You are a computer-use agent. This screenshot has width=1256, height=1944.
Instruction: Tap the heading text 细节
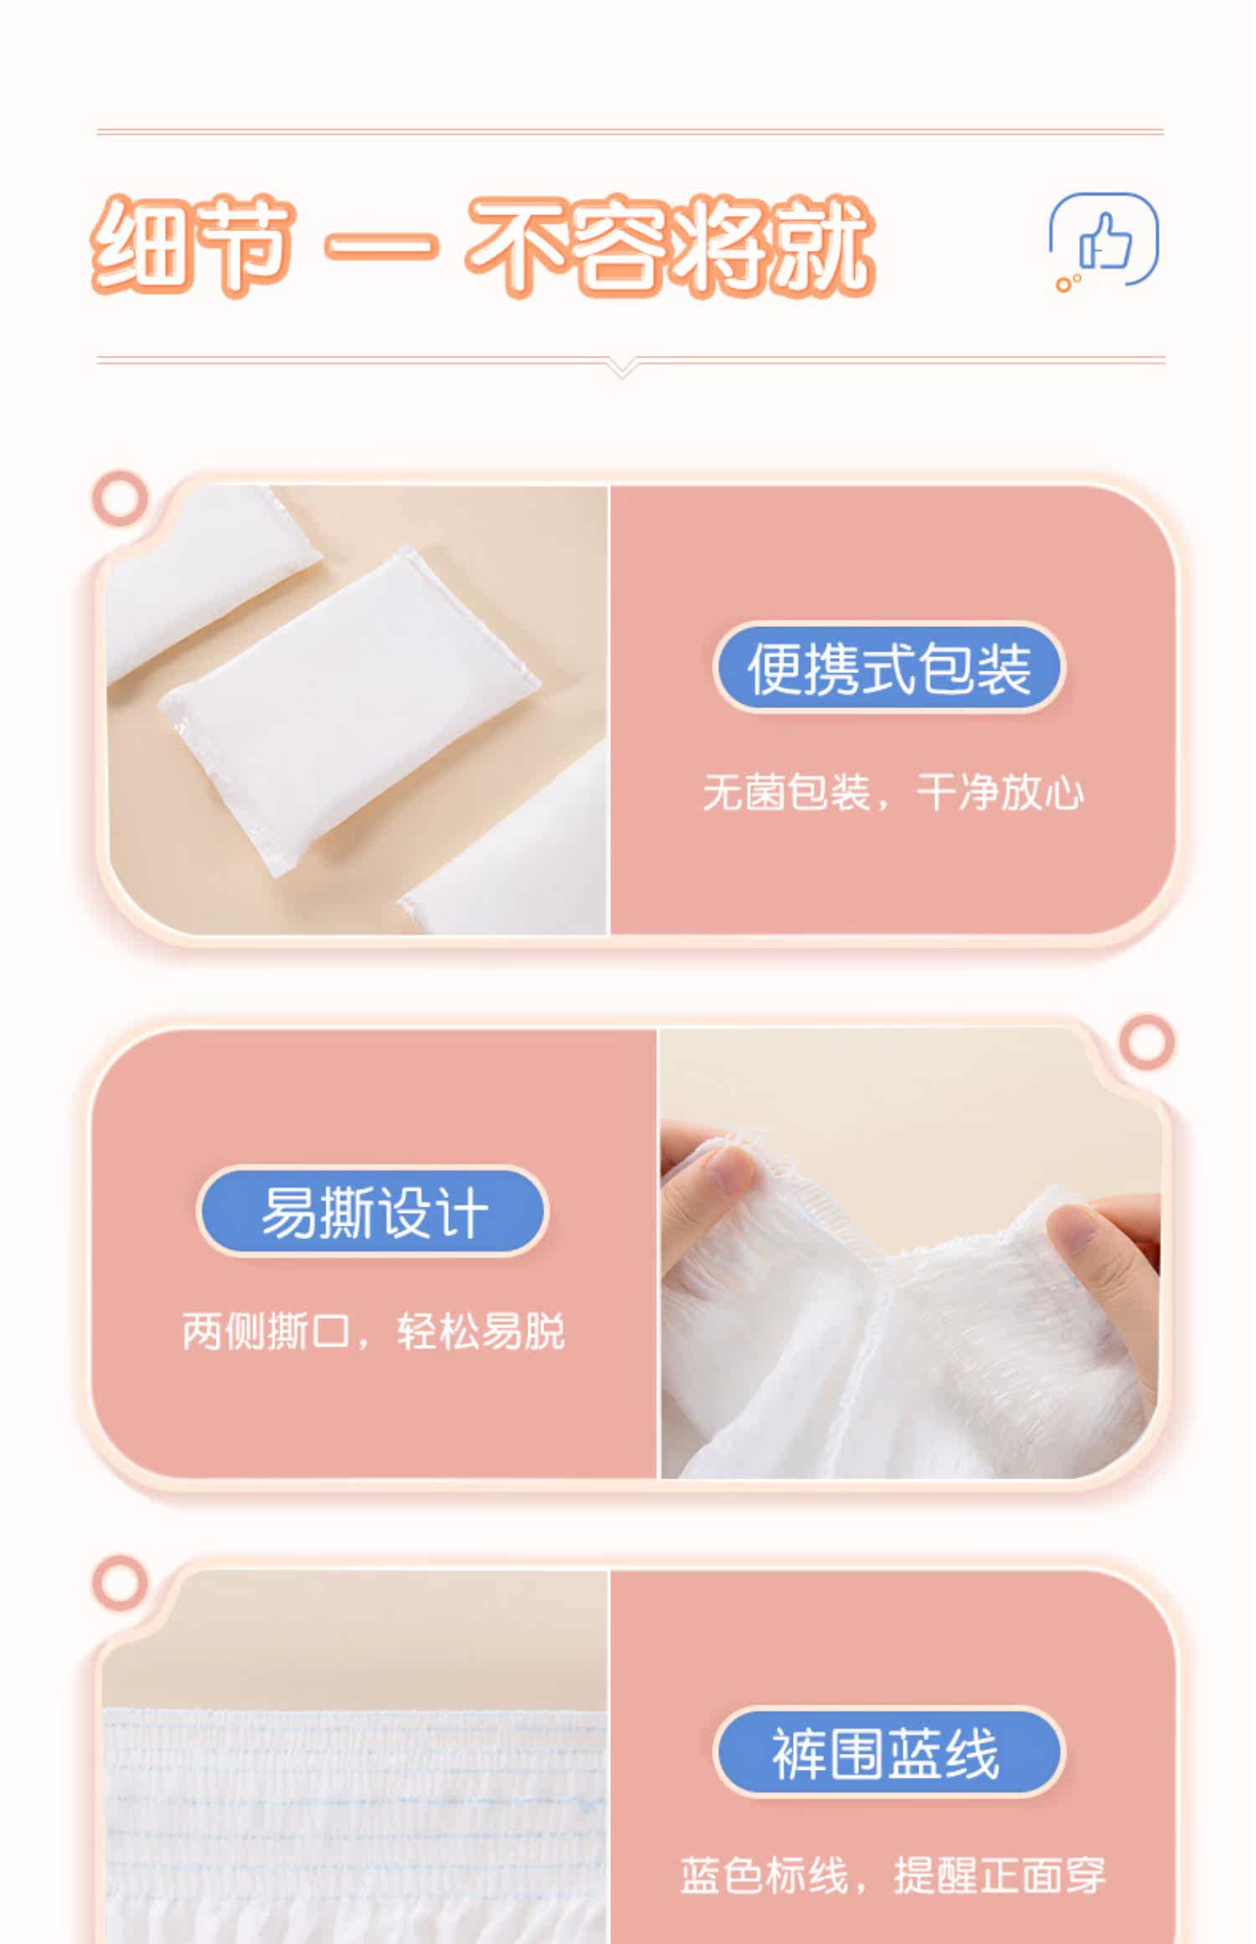193,244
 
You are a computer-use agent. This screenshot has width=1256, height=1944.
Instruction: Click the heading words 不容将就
671,245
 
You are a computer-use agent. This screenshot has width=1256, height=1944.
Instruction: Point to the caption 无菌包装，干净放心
893,793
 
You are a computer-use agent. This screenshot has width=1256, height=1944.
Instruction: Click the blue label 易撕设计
373,1211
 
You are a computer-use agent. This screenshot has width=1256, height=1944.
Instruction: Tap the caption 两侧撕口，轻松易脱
373,1331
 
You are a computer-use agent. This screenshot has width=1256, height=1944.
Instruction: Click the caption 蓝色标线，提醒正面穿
893,1875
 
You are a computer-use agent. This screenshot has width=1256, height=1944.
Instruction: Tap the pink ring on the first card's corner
120,498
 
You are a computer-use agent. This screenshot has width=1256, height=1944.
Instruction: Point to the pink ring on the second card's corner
1146,1042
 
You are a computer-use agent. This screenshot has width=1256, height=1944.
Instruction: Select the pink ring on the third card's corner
120,1583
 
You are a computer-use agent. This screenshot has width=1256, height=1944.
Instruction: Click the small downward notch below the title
622,368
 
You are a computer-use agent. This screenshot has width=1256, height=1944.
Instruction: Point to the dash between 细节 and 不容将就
381,246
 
